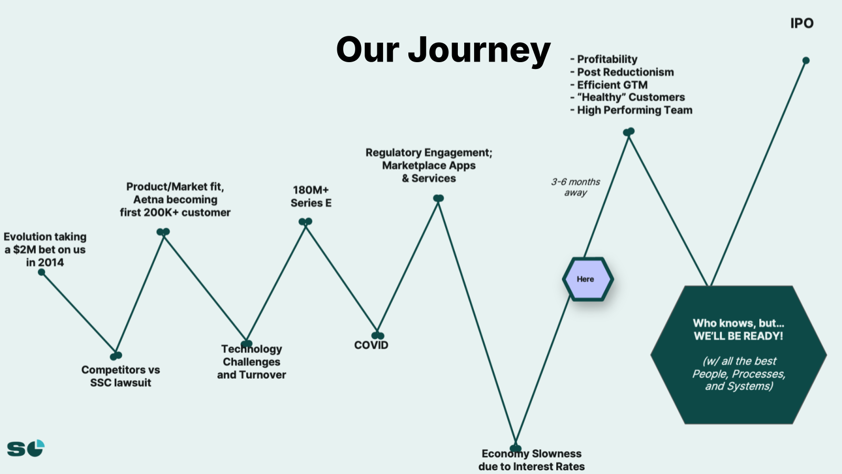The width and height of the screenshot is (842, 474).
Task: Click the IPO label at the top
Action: coord(802,23)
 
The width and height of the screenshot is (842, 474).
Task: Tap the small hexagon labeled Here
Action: coord(588,279)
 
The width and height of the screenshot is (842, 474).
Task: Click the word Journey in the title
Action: coord(479,51)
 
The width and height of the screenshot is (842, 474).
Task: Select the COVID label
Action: coord(371,345)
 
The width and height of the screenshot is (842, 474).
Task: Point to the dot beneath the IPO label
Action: coord(806,60)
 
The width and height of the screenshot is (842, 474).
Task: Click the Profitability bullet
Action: coord(604,59)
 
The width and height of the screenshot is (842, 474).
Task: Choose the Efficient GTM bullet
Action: coord(609,85)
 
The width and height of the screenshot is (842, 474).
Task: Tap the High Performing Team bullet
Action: coord(631,110)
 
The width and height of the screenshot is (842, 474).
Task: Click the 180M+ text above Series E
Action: coord(310,190)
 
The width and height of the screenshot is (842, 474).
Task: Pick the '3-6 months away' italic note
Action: coord(576,187)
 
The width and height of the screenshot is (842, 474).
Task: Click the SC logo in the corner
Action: coord(26,448)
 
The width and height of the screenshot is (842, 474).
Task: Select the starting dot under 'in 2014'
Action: coord(42,272)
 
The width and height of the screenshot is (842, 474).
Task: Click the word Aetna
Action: coord(151,200)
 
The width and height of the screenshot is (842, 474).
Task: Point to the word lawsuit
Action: coord(132,382)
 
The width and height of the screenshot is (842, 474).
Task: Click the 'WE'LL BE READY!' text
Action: coord(738,336)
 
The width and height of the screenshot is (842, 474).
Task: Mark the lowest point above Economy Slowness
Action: coord(515,448)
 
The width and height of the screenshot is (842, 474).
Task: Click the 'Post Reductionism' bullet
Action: coord(622,72)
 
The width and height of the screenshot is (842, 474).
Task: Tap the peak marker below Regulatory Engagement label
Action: coord(438,198)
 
